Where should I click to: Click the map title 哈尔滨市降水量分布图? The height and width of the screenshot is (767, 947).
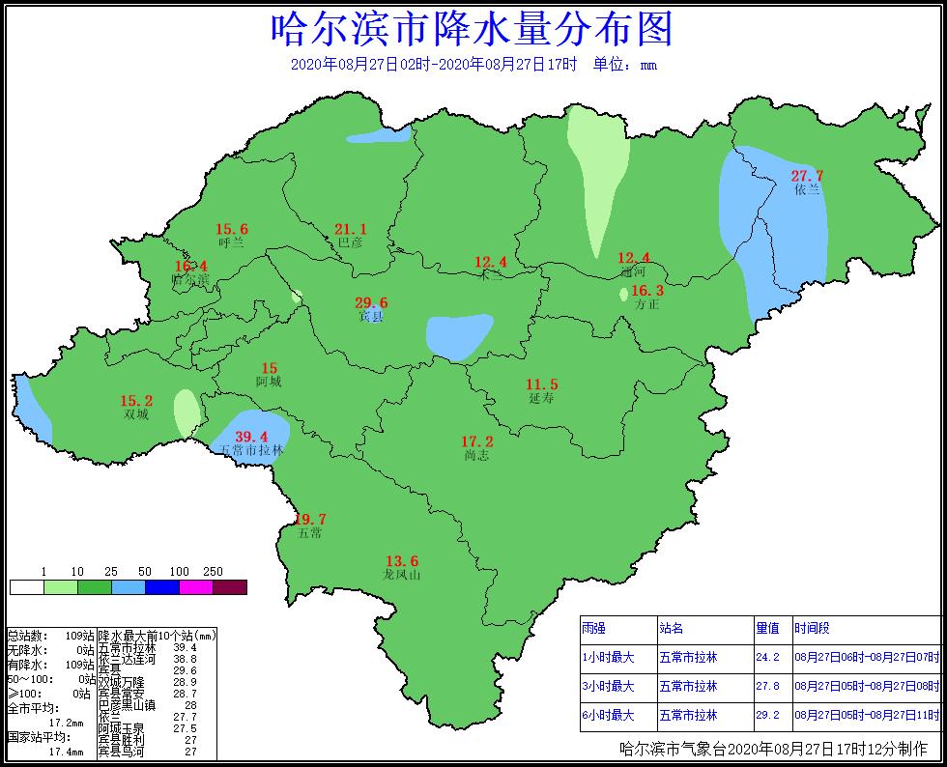click(x=472, y=30)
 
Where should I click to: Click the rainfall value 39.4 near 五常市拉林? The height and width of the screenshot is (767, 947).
click(x=251, y=437)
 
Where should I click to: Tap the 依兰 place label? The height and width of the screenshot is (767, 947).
click(x=807, y=190)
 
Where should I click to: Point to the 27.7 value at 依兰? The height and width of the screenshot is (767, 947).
click(x=807, y=176)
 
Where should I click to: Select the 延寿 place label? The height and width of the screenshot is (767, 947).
click(x=542, y=398)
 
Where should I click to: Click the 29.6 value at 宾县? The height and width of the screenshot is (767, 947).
click(x=371, y=302)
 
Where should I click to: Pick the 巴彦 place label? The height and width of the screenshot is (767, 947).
click(x=350, y=243)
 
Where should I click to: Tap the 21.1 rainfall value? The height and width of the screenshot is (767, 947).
click(x=350, y=229)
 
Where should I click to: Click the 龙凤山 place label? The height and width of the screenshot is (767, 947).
click(x=402, y=575)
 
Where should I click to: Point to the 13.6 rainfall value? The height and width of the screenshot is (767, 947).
click(x=402, y=561)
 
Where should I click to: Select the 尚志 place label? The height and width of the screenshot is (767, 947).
click(x=477, y=455)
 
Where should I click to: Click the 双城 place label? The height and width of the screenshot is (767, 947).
click(x=136, y=414)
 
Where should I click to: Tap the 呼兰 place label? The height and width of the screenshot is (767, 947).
click(x=232, y=243)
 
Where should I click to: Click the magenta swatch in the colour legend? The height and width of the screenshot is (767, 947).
click(x=196, y=587)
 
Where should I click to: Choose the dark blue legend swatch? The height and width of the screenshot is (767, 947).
click(x=162, y=587)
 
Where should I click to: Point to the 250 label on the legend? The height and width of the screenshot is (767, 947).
click(x=214, y=572)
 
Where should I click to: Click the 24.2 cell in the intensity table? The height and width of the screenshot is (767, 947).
click(x=767, y=657)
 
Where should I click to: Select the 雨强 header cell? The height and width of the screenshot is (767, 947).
click(x=594, y=629)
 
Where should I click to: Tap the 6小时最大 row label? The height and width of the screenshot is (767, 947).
click(x=609, y=715)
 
